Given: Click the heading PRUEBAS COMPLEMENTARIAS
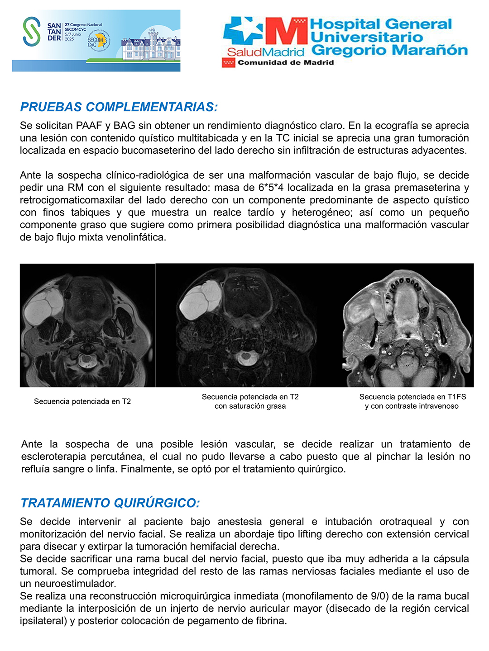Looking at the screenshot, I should (119, 107).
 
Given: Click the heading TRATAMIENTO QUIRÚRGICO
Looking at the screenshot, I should (110, 503).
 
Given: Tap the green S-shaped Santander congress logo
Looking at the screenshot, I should (32, 31).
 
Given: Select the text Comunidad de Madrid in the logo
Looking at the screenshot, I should (286, 62).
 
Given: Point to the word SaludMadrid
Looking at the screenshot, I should (265, 52).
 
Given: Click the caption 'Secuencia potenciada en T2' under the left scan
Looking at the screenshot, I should (82, 401).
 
